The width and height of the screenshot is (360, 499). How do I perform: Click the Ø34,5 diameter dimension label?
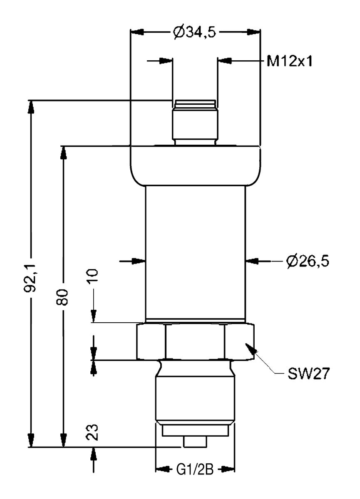point(195,32)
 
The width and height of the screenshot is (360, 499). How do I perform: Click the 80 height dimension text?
point(62,297)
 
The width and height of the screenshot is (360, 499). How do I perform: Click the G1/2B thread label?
point(195,470)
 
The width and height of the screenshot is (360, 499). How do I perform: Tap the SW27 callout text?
point(308,373)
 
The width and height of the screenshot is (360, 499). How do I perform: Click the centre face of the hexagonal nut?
point(195,342)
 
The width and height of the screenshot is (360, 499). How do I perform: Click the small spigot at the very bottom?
point(195,442)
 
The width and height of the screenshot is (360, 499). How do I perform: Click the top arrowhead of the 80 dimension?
point(63,152)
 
